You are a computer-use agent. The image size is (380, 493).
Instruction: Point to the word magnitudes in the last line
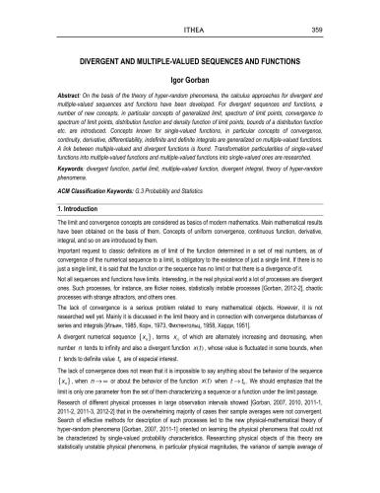click(x=251, y=487)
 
